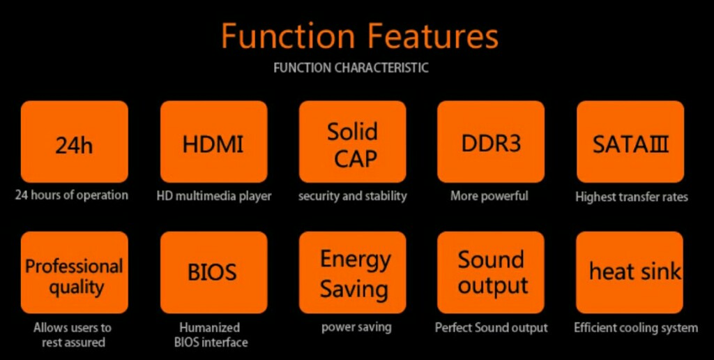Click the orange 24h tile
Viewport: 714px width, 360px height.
74,142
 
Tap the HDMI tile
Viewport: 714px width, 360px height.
214,142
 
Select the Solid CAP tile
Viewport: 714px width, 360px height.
352,142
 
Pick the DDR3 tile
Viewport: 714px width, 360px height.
491,142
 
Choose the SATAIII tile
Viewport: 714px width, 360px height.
630,142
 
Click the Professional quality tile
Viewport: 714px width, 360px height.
74,273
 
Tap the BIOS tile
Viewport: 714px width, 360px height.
214,273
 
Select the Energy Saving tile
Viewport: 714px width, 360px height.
352,273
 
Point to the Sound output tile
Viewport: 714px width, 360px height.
491,273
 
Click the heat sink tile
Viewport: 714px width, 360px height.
630,273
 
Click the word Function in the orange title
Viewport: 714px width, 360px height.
288,36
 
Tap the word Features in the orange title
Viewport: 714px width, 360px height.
432,36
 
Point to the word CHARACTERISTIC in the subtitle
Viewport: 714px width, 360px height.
381,68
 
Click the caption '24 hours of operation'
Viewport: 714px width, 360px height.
72,195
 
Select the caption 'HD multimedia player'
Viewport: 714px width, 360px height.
214,197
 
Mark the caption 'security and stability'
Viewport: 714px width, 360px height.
352,197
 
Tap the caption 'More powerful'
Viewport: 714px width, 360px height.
489,197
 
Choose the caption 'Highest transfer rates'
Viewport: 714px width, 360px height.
632,197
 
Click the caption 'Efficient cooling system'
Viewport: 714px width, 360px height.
636,328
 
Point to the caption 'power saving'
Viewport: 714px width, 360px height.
356,328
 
